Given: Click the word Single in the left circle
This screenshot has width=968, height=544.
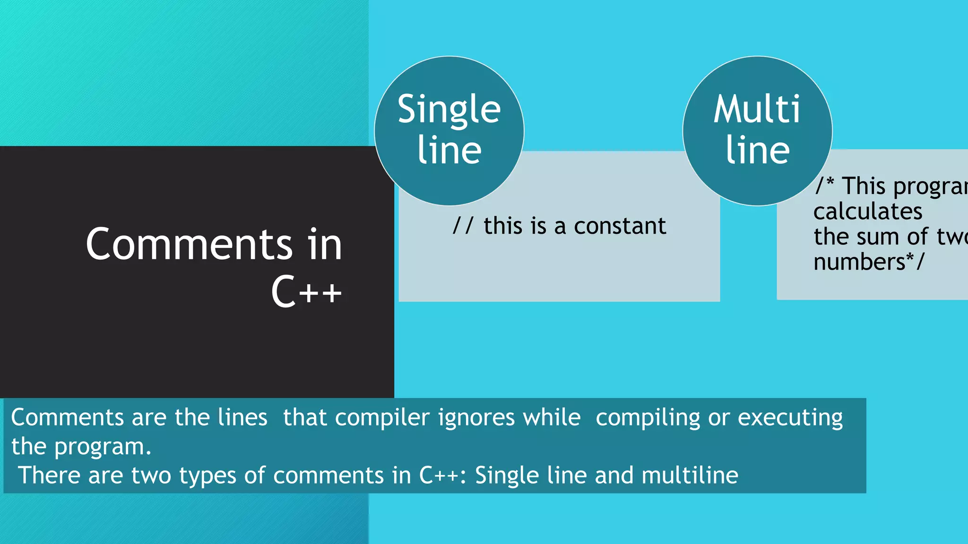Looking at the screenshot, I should (x=449, y=110).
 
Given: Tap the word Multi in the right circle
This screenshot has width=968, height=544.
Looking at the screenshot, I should (x=757, y=110).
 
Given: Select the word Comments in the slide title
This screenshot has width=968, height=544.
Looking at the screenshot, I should (x=189, y=244).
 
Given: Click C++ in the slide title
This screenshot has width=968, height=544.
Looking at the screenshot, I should (x=306, y=291).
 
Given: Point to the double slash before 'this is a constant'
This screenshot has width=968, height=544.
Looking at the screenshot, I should (x=462, y=226).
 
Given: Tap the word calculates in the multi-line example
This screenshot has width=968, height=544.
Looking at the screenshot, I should (x=868, y=211).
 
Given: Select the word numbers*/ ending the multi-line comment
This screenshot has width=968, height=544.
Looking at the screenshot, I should (x=868, y=262).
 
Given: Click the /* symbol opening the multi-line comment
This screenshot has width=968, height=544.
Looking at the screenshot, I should (x=825, y=186).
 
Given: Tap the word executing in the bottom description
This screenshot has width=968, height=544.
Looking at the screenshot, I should (x=790, y=418).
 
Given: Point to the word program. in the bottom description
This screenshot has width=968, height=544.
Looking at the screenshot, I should (x=103, y=447).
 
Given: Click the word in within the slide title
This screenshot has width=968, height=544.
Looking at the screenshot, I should (x=324, y=244).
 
